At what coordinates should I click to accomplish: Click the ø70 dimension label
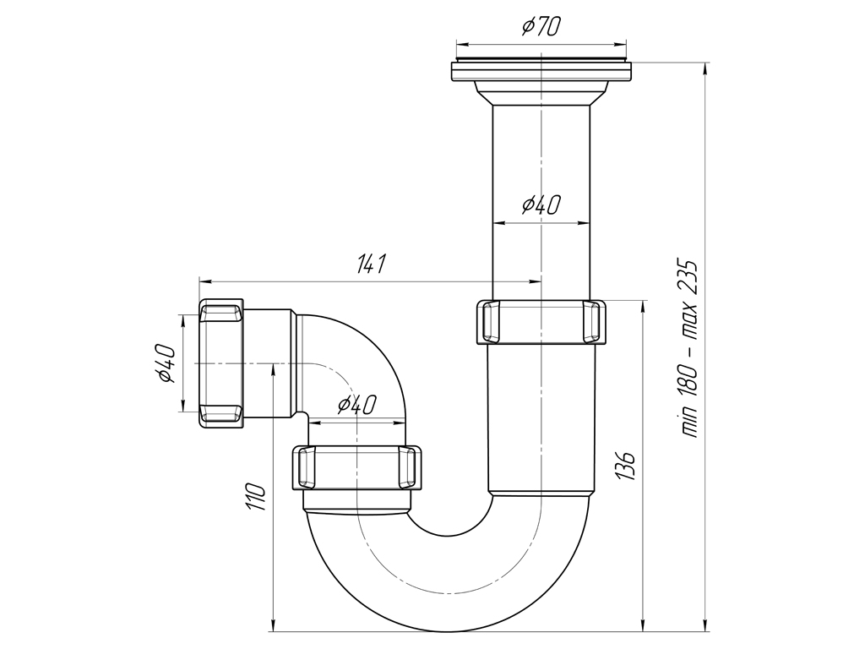(541, 26)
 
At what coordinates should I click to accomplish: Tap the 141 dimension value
(371, 264)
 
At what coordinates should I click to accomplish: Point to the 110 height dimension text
(257, 497)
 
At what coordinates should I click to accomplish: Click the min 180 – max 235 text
(689, 348)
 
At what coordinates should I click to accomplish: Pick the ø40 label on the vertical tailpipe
(541, 205)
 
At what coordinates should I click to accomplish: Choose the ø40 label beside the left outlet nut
(166, 363)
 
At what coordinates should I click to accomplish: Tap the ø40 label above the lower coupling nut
(356, 405)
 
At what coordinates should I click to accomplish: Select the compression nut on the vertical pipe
(541, 322)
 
